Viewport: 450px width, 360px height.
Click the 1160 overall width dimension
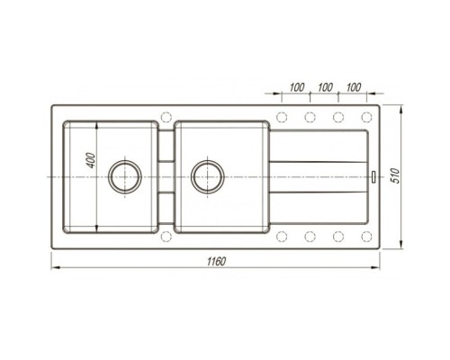216,262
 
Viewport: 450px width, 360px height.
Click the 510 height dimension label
395,176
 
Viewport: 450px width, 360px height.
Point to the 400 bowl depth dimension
91,160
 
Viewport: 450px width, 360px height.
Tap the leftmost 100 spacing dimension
297,87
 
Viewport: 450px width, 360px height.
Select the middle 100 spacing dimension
325,87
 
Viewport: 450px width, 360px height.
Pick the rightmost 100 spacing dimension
354,87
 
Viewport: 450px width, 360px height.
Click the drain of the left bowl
125,176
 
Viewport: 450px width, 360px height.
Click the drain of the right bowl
208,176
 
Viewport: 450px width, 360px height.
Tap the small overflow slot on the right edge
373,176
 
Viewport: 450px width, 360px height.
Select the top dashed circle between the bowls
166,117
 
